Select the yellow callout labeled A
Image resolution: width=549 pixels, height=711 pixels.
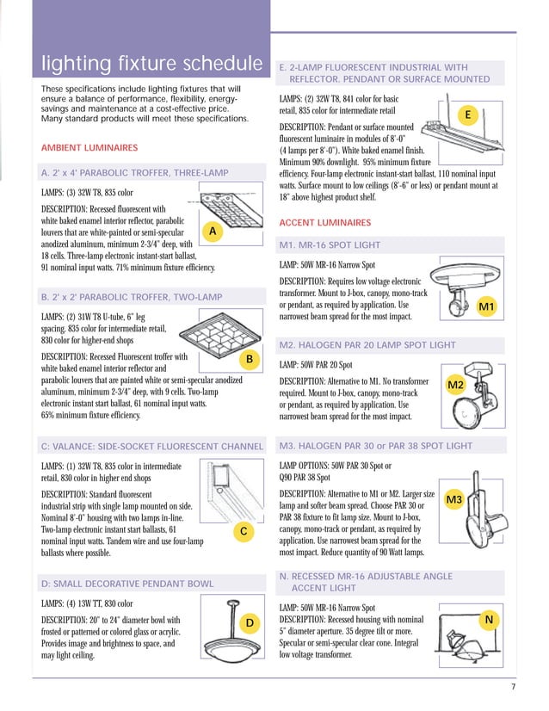(212, 232)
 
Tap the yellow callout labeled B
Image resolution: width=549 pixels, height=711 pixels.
(248, 357)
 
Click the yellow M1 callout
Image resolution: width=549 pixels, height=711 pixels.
(486, 306)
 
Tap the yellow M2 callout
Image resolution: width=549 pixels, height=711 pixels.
(456, 384)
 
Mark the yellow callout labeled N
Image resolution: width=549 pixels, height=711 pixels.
(489, 620)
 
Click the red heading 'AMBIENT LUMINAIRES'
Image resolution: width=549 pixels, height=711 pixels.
(89, 148)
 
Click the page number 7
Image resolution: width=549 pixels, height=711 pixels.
(512, 686)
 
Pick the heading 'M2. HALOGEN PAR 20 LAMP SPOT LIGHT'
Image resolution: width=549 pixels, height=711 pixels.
(367, 345)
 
